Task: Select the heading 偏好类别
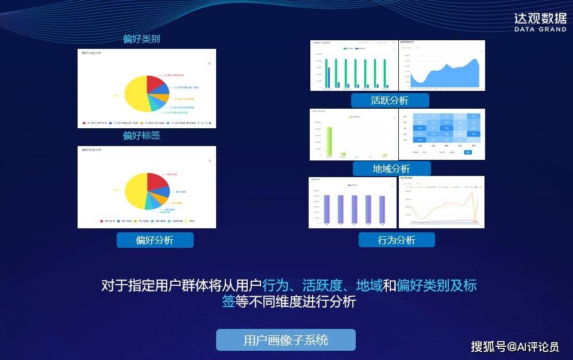tap(141, 39)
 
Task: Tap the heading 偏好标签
tap(141, 136)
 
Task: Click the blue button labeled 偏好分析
tap(155, 240)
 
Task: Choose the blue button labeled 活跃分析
tap(390, 100)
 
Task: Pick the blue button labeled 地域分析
tap(391, 168)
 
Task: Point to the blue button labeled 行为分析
tap(396, 240)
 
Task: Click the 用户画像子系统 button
tap(286, 340)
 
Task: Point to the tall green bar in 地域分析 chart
tap(329, 140)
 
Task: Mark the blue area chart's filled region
tap(448, 78)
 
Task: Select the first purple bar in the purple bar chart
tap(327, 208)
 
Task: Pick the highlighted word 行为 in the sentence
tap(274, 285)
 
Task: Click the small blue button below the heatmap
tap(467, 152)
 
